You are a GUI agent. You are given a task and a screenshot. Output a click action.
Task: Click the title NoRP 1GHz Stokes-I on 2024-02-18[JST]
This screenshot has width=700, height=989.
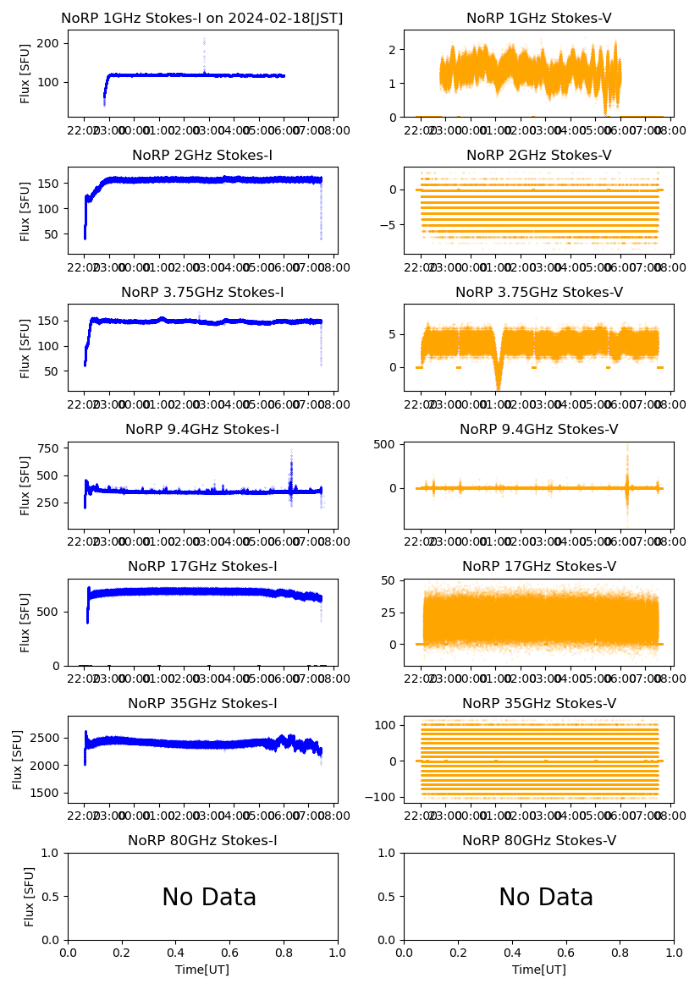202,19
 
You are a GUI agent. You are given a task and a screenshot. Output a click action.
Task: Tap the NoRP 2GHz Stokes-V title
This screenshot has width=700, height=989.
538,156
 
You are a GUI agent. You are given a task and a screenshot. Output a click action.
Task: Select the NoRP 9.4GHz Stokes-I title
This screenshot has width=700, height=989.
202,430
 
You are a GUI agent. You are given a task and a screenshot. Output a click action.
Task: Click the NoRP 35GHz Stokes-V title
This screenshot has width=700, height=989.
538,704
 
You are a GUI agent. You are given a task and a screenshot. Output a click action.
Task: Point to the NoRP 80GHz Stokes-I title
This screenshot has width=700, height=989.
202,841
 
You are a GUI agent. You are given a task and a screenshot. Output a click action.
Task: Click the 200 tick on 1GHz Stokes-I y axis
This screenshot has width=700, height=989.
52,43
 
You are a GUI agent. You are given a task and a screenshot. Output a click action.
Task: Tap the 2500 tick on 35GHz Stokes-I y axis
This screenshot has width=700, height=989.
47,739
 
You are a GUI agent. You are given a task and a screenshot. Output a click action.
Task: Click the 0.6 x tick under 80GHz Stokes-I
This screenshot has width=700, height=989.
229,953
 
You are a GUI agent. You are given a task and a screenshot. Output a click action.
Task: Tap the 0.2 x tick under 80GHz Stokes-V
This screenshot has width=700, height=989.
458,953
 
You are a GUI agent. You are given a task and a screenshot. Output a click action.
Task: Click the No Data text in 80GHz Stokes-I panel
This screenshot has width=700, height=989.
209,898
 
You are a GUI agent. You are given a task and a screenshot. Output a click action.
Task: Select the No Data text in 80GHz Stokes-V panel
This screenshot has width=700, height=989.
546,898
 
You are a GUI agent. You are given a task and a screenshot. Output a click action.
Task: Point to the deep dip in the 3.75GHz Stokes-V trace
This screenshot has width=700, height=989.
499,379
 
